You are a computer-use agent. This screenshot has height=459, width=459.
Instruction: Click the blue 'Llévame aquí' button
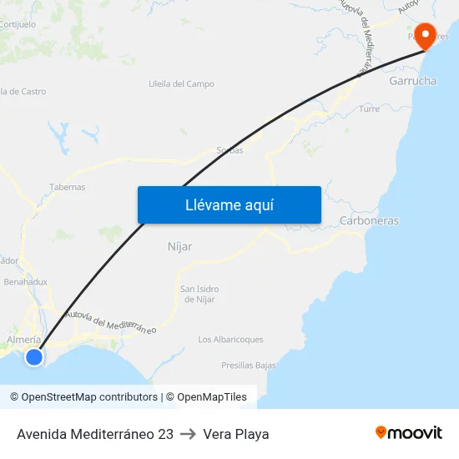click(x=229, y=204)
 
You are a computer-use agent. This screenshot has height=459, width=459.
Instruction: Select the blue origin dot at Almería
click(x=33, y=357)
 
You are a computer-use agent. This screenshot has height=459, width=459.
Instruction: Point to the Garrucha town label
click(x=412, y=82)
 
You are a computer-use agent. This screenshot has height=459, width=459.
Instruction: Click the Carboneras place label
click(x=369, y=221)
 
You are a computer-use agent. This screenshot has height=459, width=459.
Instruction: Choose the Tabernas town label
click(x=68, y=187)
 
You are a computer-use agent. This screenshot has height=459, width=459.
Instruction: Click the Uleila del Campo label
click(x=181, y=84)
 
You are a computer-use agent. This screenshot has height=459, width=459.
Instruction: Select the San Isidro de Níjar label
click(x=199, y=294)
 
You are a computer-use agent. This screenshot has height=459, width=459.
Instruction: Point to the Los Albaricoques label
click(x=230, y=340)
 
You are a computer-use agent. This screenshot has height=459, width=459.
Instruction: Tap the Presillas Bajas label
click(x=248, y=366)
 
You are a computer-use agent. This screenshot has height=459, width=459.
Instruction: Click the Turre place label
click(x=369, y=109)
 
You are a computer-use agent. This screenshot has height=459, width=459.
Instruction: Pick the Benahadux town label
click(x=26, y=282)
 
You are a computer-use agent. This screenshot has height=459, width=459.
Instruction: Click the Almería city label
click(x=23, y=340)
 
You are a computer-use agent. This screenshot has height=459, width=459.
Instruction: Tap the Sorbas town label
click(x=230, y=150)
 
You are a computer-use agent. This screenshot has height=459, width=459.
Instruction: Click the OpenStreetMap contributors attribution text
click(x=89, y=397)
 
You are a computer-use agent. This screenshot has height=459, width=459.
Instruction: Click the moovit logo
click(x=409, y=433)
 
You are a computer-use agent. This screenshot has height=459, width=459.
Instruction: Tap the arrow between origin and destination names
click(x=188, y=434)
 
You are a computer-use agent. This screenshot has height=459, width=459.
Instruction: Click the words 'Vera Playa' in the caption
click(x=236, y=434)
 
